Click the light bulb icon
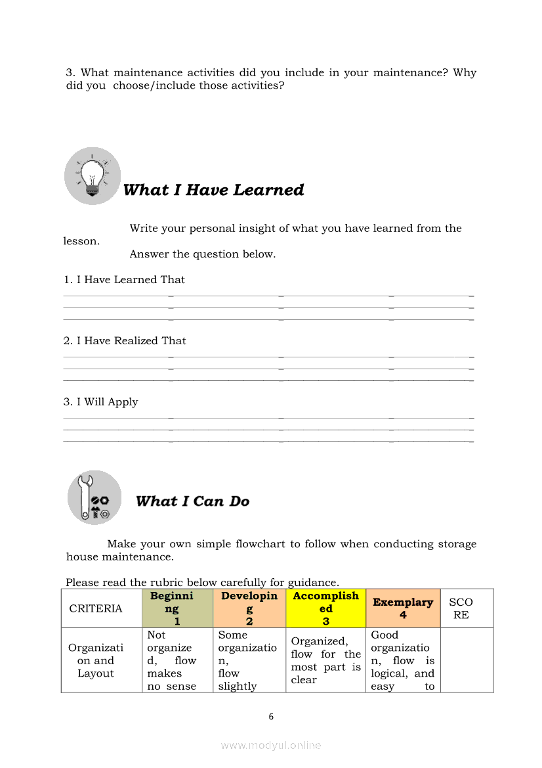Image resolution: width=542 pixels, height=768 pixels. [x=93, y=175]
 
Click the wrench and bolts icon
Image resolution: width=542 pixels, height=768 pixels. [x=94, y=497]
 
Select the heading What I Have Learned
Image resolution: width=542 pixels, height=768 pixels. [x=213, y=190]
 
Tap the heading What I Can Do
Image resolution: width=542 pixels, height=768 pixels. [x=192, y=501]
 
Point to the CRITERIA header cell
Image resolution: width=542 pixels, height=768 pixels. [x=96, y=608]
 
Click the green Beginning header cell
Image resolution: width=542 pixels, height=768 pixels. [x=177, y=608]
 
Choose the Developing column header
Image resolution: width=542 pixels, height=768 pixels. [x=249, y=608]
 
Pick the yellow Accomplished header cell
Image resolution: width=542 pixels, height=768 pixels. [x=325, y=608]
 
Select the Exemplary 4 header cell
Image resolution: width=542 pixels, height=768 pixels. [x=403, y=608]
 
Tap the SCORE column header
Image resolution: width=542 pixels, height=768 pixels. [x=461, y=608]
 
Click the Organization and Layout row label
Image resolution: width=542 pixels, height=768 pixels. [x=96, y=660]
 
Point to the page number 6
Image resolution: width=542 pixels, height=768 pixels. [x=271, y=717]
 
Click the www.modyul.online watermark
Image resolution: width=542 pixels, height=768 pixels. [x=271, y=745]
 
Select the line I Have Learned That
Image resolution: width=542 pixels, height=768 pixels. [x=124, y=280]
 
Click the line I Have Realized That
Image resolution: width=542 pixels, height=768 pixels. [x=125, y=341]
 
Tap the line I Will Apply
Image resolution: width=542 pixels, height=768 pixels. [x=100, y=402]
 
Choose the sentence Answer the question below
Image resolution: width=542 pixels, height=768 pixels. [x=202, y=254]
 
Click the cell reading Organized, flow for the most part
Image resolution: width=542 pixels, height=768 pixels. [x=325, y=660]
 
